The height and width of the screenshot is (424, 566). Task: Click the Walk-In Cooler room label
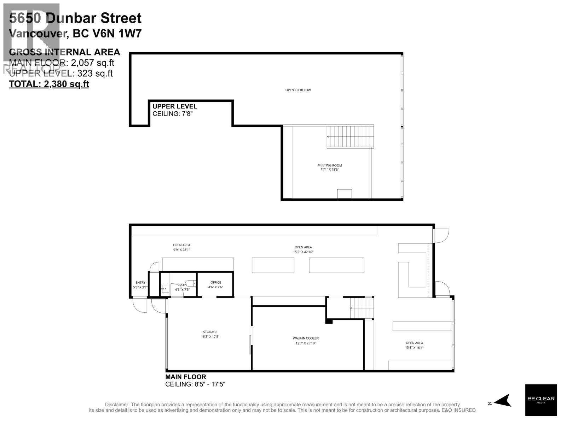[303, 338]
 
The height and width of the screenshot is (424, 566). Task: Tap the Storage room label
[210, 332]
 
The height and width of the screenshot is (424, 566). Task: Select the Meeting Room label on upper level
[330, 165]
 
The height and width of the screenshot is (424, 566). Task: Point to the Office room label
[215, 282]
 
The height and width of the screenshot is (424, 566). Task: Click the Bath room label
[182, 285]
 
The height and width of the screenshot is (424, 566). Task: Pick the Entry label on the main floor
[140, 283]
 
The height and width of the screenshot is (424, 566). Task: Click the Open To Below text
[298, 90]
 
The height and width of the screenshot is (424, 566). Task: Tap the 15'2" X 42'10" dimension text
[303, 252]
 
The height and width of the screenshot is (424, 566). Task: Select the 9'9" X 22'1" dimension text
[181, 250]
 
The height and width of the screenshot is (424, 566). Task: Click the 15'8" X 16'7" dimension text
[414, 348]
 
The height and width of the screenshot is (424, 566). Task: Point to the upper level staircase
[350, 137]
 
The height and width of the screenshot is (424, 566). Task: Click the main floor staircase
[362, 308]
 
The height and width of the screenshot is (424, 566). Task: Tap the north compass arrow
[502, 401]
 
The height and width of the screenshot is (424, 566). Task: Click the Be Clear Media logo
[541, 400]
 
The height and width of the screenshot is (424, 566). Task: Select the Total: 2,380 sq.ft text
[49, 84]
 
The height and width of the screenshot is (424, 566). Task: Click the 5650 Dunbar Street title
[75, 18]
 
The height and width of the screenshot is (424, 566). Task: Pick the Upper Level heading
[175, 106]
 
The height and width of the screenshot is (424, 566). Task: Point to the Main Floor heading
[186, 377]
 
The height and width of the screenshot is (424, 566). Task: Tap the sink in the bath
[165, 289]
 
